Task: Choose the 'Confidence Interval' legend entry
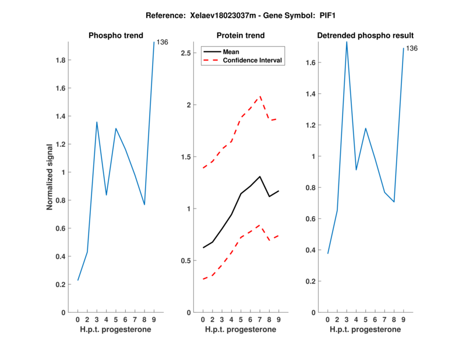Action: pyautogui.click(x=253, y=60)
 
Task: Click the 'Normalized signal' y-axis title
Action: pyautogui.click(x=51, y=177)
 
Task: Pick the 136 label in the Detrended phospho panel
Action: pyautogui.click(x=412, y=48)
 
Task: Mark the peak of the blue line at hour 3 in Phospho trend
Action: pyautogui.click(x=97, y=122)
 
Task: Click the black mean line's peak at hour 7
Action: pyautogui.click(x=260, y=177)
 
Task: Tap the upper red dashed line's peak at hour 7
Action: pyautogui.click(x=260, y=96)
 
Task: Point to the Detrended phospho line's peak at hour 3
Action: pyautogui.click(x=347, y=42)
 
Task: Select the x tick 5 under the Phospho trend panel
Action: pyautogui.click(x=116, y=320)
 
